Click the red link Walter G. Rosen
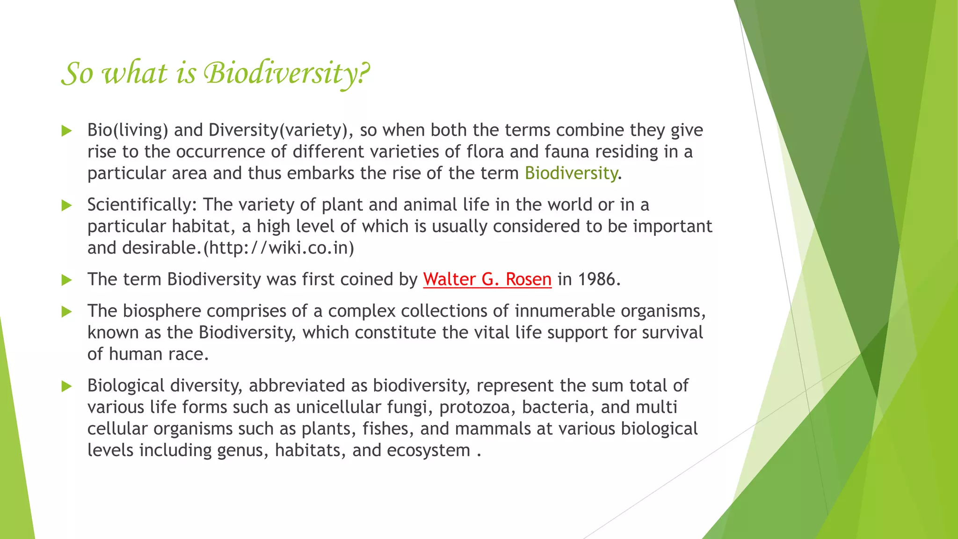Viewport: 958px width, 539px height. [487, 279]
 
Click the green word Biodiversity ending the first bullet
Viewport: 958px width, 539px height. [571, 173]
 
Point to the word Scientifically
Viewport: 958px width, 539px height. [142, 205]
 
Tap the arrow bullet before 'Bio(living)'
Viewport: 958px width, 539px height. [66, 131]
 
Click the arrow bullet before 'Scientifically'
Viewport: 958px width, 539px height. [66, 205]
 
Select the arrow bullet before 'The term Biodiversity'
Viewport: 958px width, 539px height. [66, 280]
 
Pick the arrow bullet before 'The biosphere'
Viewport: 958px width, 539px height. [66, 312]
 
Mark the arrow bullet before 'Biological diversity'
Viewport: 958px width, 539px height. [66, 386]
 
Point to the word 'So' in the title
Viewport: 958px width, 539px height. [77, 73]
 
